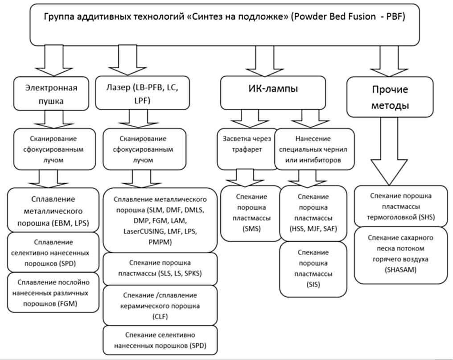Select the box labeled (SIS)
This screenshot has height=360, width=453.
(313, 269)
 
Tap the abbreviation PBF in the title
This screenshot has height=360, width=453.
(405, 17)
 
